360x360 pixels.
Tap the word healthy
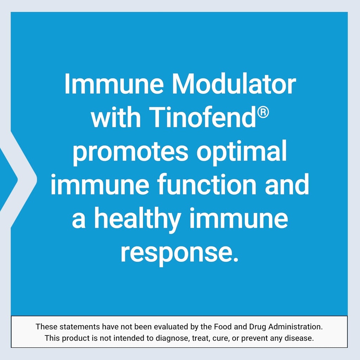coord(137,219)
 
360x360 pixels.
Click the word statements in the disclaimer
coord(80,327)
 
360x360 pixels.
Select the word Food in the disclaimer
coord(222,327)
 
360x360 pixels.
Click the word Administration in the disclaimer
coord(295,327)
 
